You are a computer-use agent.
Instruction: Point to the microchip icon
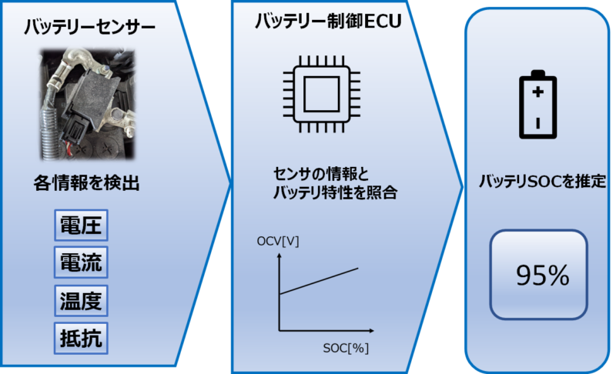click(x=317, y=96)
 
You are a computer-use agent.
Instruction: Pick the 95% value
click(x=539, y=275)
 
